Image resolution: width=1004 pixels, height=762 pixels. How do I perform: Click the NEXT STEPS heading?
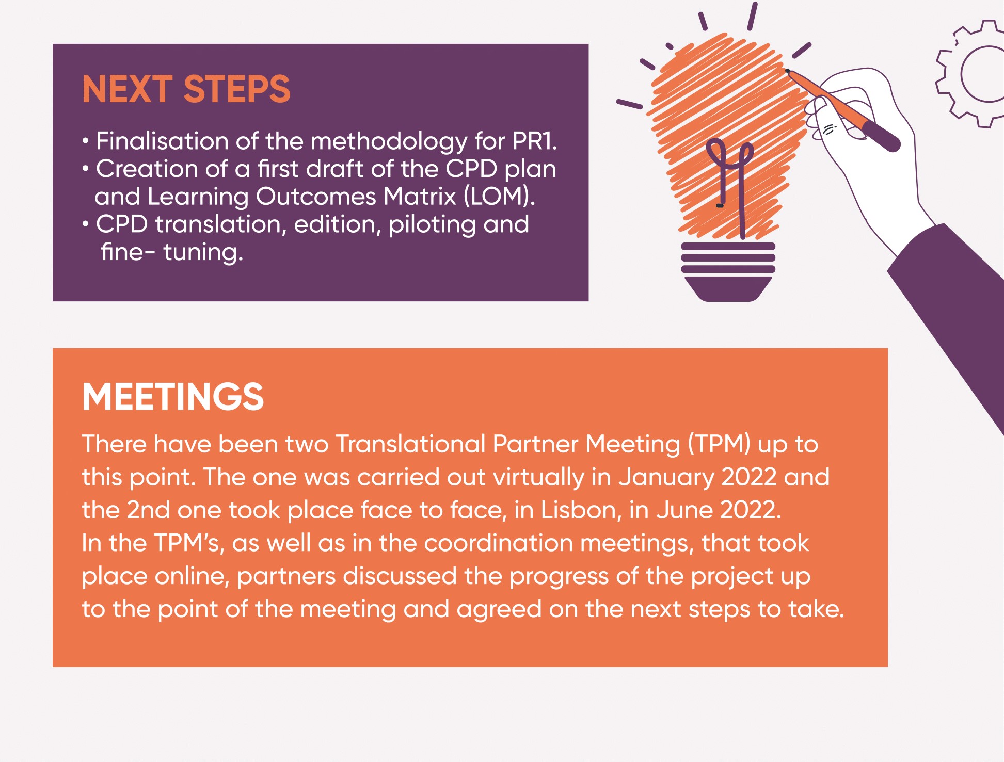186,89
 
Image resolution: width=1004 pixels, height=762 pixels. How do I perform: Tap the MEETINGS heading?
173,397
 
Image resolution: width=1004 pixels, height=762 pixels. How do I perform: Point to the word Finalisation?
162,141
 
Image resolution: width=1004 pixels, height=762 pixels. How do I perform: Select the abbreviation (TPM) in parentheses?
719,444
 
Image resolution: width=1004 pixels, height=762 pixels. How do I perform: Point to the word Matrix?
420,197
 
